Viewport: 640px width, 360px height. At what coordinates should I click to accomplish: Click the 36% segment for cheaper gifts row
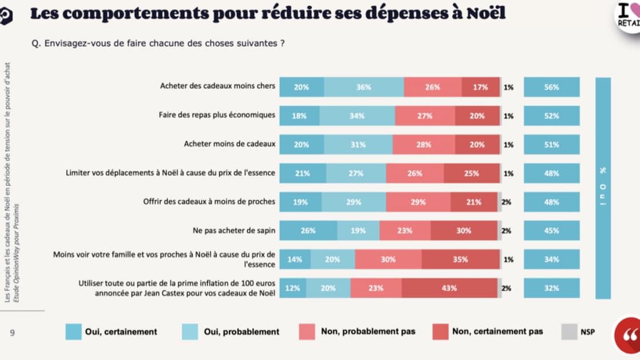pos(364,87)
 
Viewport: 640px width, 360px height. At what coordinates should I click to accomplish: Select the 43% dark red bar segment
pos(449,288)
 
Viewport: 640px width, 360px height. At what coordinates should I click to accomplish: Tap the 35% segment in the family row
pos(460,259)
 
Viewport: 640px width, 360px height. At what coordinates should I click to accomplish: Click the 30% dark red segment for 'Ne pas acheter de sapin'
pos(464,231)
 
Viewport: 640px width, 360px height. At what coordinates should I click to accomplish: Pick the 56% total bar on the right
pos(551,87)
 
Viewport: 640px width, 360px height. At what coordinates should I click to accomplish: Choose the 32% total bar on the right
pos(551,288)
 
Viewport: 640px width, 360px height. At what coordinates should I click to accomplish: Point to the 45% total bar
pos(551,231)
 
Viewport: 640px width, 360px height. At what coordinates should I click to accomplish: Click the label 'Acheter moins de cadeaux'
pos(229,144)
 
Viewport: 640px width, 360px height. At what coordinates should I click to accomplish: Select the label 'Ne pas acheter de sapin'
pos(234,230)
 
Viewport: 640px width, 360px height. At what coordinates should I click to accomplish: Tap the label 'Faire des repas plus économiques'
pos(217,114)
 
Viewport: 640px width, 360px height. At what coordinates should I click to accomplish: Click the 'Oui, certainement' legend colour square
pos(73,331)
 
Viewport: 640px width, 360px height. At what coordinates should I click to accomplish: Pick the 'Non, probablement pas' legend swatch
pos(307,331)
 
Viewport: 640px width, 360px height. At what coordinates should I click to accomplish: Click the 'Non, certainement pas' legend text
pos(497,331)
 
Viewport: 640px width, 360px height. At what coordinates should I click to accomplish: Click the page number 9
pos(12,331)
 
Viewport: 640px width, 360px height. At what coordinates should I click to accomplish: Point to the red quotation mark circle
pos(627,335)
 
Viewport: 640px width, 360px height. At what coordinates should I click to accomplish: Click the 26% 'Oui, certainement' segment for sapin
pos(308,231)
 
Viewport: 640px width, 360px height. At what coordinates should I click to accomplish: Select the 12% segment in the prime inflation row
pos(292,288)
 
